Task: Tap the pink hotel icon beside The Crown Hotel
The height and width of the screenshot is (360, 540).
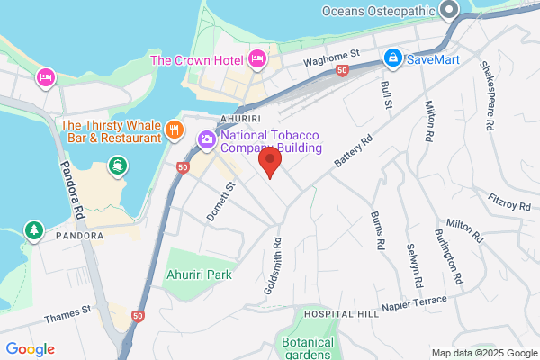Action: click(258, 59)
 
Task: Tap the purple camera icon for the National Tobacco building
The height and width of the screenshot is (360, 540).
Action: click(206, 139)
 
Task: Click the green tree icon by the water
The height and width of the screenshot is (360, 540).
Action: click(34, 230)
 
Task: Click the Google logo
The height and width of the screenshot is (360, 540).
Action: click(30, 348)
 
